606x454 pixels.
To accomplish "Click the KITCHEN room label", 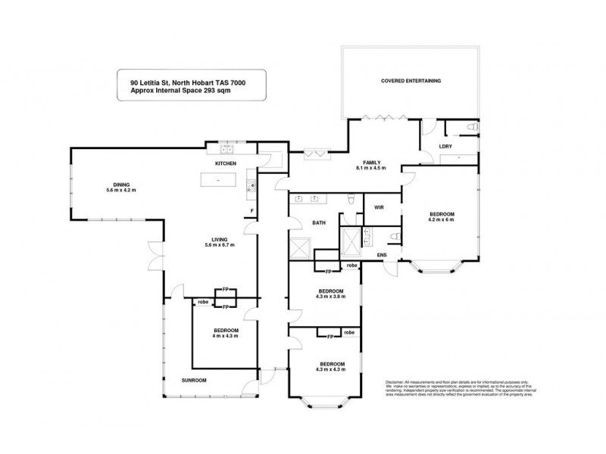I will pyautogui.click(x=226, y=163).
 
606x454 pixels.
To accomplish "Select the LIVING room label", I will pyautogui.click(x=219, y=239).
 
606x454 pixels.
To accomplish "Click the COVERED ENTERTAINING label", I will pyautogui.click(x=411, y=80).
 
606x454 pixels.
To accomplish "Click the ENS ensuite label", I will pyautogui.click(x=384, y=257).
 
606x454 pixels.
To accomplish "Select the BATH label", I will pyautogui.click(x=318, y=223).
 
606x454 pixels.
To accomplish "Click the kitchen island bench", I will pyautogui.click(x=219, y=181).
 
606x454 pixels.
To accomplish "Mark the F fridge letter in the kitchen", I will pyautogui.click(x=251, y=210).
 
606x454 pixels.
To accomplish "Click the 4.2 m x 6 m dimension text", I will pyautogui.click(x=442, y=222).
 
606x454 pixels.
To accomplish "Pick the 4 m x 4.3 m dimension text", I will pyautogui.click(x=225, y=336).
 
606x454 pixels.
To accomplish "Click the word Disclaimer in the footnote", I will pyautogui.click(x=396, y=384).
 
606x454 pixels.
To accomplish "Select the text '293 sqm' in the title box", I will pyautogui.click(x=215, y=90).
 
